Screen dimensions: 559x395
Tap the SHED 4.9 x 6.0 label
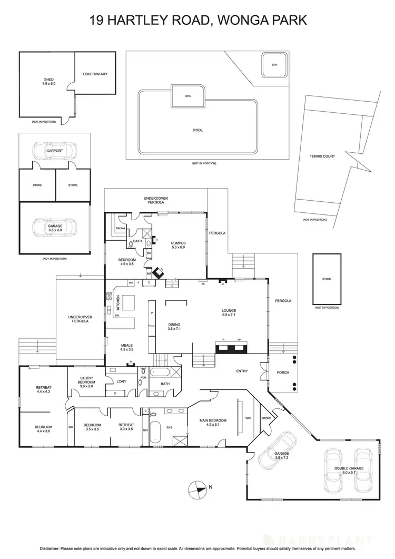48,82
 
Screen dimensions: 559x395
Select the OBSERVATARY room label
95,74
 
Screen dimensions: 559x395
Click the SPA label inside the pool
187,96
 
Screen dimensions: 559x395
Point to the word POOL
198,130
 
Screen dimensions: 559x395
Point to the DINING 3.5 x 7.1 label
174,326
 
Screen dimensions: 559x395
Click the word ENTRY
242,371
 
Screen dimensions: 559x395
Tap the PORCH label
283,372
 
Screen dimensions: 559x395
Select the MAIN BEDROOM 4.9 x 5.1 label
213,422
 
